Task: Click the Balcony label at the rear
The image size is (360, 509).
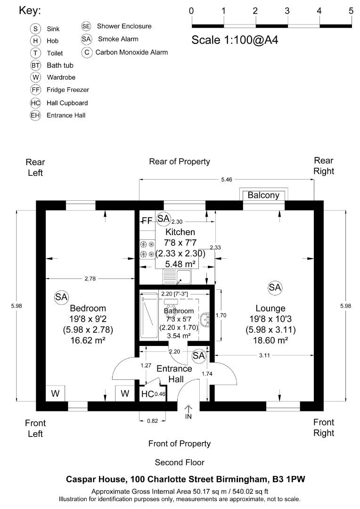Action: [x=263, y=195]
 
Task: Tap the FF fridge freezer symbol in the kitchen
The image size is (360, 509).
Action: [x=147, y=221]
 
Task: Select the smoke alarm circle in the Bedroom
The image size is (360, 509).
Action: [x=61, y=296]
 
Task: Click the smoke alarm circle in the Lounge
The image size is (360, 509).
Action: [x=275, y=287]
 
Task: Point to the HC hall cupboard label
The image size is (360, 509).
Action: [x=147, y=394]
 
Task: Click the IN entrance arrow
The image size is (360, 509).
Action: [x=188, y=412]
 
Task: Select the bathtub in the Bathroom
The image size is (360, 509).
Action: [x=149, y=315]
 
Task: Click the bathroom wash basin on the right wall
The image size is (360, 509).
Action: [x=205, y=320]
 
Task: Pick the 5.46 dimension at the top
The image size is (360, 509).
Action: [x=227, y=179]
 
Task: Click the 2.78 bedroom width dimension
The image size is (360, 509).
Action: [x=90, y=279]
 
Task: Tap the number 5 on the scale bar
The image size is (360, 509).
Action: [x=351, y=10]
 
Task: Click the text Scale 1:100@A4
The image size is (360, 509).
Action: [x=235, y=40]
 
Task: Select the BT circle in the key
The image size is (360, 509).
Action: [x=36, y=66]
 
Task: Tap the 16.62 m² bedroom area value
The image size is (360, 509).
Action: [x=87, y=339]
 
